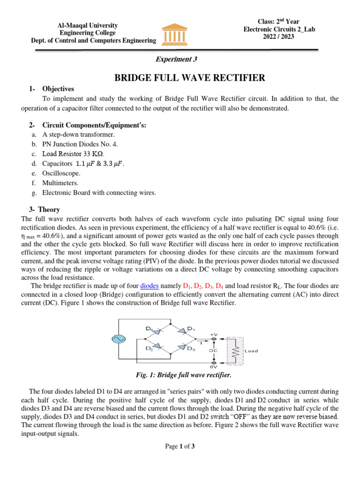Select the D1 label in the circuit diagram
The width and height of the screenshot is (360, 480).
[x=191, y=328]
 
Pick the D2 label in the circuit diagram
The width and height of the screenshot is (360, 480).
[x=149, y=348]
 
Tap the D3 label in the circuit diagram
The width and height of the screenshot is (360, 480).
[x=191, y=348]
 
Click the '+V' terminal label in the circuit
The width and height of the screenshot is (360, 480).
[x=214, y=333]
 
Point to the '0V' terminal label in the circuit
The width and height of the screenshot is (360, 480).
[x=214, y=367]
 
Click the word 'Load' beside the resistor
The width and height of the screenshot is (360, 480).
[x=251, y=351]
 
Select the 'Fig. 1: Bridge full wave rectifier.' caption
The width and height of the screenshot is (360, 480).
[x=180, y=375]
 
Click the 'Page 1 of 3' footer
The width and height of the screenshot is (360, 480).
[x=180, y=446]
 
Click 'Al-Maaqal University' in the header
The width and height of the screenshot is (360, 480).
[x=87, y=25]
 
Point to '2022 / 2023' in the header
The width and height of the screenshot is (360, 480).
[x=278, y=37]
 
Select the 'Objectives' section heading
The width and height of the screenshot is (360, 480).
[x=58, y=89]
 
